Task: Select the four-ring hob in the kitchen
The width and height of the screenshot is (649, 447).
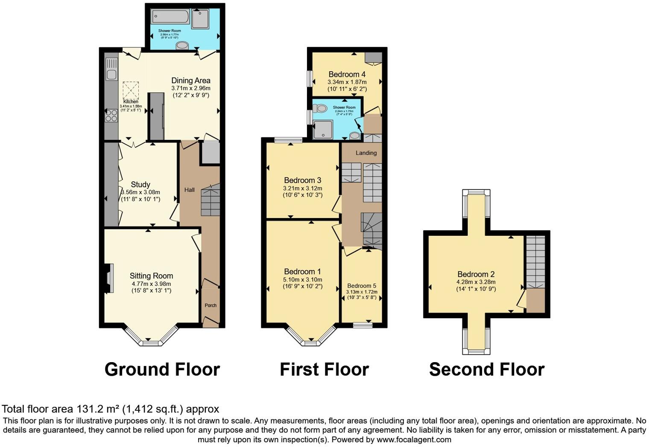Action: [x=112, y=116]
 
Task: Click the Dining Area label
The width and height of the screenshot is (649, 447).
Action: [x=191, y=80]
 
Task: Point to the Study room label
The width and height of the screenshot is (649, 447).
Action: [x=140, y=184]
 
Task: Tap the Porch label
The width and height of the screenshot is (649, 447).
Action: [x=210, y=305]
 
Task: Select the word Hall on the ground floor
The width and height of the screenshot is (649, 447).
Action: [x=189, y=190]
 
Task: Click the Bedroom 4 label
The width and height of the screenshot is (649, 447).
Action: [x=347, y=74]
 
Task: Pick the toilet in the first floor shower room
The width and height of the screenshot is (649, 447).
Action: [x=321, y=108]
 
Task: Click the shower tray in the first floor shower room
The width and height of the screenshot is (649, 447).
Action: [x=323, y=129]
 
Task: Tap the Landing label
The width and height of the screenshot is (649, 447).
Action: [x=366, y=153]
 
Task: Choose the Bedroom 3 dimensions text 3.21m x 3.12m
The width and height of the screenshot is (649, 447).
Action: [x=302, y=188]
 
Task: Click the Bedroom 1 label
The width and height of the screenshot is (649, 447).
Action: [x=302, y=271]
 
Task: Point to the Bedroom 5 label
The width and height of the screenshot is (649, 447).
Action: [x=362, y=286]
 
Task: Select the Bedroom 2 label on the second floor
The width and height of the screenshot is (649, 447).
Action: [x=476, y=274]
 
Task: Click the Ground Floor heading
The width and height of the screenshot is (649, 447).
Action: [x=162, y=369]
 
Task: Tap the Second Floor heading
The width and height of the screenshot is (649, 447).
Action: [x=486, y=369]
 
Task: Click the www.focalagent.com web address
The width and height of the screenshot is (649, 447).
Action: [x=414, y=439]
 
